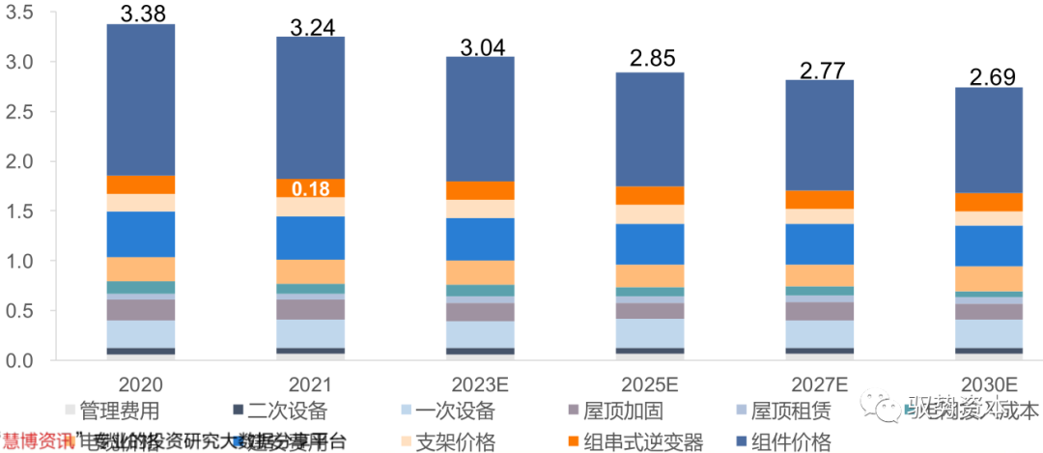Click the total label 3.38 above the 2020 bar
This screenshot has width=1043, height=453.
pyautogui.click(x=141, y=13)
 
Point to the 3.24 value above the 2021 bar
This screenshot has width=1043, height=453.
pyautogui.click(x=311, y=26)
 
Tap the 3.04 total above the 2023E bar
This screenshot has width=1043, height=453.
pyautogui.click(x=480, y=45)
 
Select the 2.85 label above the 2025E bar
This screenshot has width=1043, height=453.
pyautogui.click(x=650, y=61)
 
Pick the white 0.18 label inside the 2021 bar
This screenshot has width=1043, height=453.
pyautogui.click(x=311, y=188)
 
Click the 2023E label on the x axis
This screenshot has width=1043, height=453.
pyautogui.click(x=480, y=383)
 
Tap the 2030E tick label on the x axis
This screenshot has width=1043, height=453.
pyautogui.click(x=989, y=383)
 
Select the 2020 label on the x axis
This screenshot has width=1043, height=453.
pyautogui.click(x=141, y=383)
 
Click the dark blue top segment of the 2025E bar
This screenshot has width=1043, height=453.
pyautogui.click(x=650, y=128)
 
